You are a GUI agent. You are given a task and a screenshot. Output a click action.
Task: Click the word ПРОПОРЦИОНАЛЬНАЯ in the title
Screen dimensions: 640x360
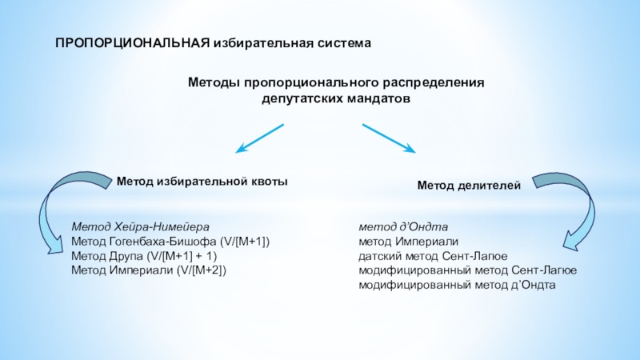tap(132, 42)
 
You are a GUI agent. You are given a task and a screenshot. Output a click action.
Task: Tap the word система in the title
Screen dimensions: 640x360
tap(342, 42)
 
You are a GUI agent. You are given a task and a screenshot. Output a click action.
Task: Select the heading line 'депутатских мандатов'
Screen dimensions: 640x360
tap(336, 99)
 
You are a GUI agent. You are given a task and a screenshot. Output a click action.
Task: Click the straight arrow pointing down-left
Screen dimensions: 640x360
tap(259, 138)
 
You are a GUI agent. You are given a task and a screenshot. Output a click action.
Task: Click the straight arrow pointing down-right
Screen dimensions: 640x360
tap(389, 138)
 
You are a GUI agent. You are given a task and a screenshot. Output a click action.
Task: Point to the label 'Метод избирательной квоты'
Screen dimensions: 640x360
tap(202, 182)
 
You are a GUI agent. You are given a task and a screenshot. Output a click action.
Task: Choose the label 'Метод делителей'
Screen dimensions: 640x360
tap(469, 186)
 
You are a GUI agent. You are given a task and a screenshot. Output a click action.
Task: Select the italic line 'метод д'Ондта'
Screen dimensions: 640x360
tap(402, 226)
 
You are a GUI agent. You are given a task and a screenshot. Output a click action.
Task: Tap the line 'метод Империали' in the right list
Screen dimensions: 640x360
tap(408, 241)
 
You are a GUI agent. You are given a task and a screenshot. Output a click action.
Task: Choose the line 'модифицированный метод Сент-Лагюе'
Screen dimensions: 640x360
tap(467, 270)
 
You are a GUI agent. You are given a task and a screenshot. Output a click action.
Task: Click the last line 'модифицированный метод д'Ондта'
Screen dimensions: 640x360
tap(457, 285)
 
